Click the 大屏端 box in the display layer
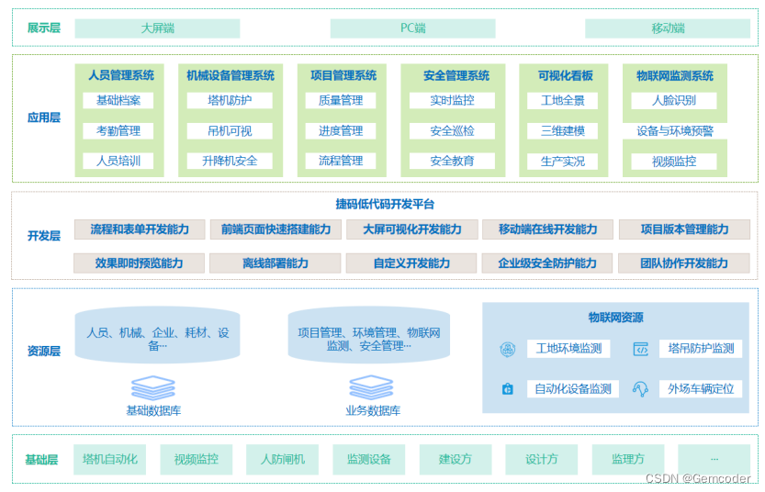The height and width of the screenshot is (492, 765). pos(157,28)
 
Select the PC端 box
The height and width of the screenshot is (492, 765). pos(412,28)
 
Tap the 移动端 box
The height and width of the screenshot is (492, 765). pos(668,28)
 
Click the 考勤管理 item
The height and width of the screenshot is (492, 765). pos(118,131)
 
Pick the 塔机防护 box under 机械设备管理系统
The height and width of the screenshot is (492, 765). pos(230,100)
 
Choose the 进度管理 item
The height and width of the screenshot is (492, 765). pos(341,131)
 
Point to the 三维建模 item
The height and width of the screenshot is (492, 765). pos(563,131)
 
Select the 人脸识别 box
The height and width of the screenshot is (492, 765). pos(674,100)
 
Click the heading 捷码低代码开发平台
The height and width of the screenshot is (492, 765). pos(385,204)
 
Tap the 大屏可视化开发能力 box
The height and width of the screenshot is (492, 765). pos(412,229)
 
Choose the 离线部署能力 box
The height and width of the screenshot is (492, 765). pos(276,263)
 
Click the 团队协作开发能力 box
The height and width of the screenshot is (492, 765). pos(684,263)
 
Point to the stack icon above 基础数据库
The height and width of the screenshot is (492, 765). pos(152,386)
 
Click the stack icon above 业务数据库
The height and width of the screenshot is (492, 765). pos(372,386)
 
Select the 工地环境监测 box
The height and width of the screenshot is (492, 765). pos(569,349)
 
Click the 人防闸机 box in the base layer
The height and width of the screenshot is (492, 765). pos(282,459)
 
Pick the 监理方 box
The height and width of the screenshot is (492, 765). pos(627,459)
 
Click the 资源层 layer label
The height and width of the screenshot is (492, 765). pos(43,352)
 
